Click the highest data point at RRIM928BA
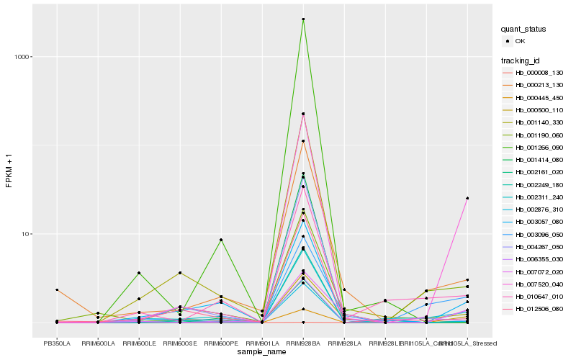click(303, 19)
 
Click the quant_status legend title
click(523, 29)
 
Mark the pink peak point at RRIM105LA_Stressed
click(467, 198)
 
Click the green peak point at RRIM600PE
click(221, 240)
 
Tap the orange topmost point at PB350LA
click(57, 289)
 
